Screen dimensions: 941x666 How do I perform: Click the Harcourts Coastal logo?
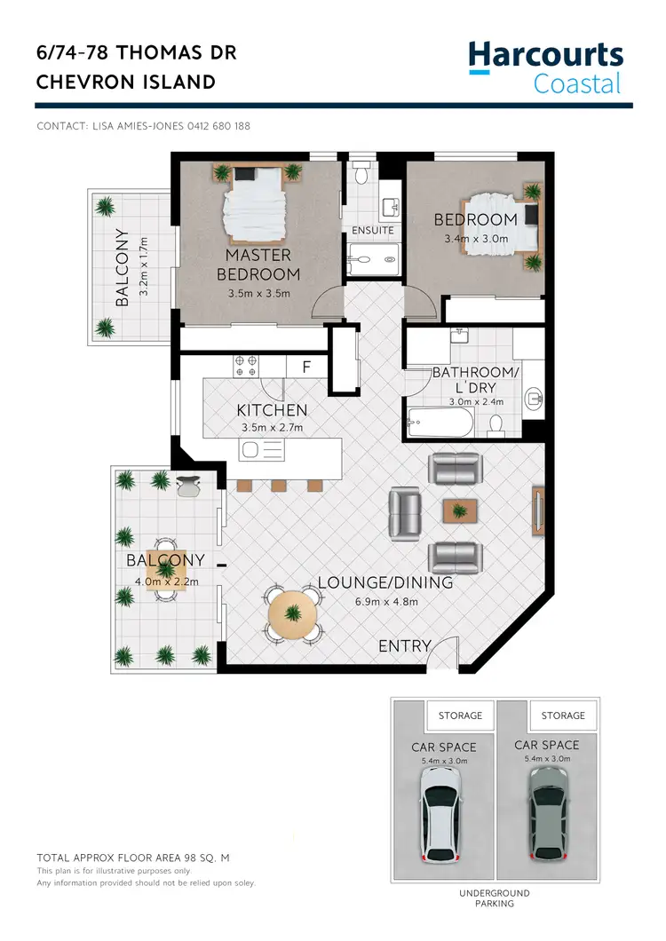point(545,67)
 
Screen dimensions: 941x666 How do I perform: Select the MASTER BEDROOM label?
point(258,265)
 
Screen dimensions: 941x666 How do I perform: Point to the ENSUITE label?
point(373,231)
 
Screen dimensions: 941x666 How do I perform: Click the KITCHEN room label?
point(272,410)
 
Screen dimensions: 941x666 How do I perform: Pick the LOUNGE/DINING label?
point(385,583)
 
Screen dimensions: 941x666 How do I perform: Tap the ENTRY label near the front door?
point(405,646)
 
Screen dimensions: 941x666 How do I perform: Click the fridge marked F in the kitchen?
point(306,366)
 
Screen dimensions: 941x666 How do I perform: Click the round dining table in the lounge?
point(293,613)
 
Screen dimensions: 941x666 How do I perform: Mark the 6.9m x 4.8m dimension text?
point(385,602)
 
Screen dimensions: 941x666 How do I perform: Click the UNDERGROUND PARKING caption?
point(496,898)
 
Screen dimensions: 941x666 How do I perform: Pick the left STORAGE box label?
point(461,715)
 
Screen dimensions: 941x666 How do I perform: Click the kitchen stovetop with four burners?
point(245,365)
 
